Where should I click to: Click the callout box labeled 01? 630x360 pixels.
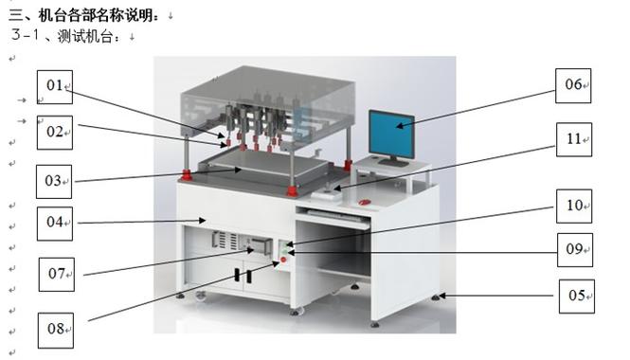(55, 87)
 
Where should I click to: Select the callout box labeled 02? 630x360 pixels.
(55, 133)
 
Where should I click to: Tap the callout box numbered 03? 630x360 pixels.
(54, 182)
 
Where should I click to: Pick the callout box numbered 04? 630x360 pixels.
(55, 224)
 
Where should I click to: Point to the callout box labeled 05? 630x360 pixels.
(577, 297)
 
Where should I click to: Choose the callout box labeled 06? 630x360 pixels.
(573, 85)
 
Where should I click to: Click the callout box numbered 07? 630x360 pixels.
(57, 275)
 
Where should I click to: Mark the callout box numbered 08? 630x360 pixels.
(56, 331)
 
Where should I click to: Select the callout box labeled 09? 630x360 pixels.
(575, 250)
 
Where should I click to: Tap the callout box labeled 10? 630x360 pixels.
(574, 207)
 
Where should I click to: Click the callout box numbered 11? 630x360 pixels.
(574, 139)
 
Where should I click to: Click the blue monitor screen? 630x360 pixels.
(391, 135)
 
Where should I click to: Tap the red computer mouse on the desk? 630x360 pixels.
(365, 202)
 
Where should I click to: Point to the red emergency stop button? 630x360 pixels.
(283, 260)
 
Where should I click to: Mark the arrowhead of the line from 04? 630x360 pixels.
(203, 220)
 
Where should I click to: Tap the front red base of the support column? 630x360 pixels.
(292, 190)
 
